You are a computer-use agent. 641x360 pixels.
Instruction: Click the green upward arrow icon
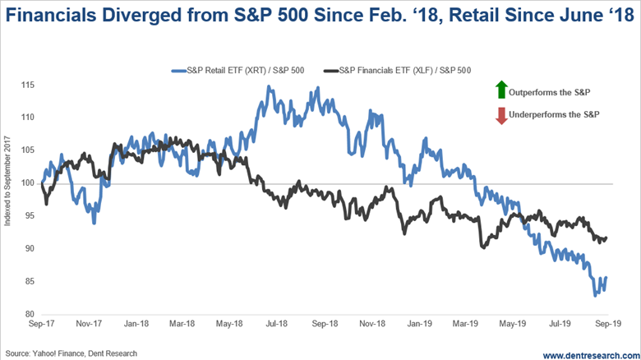click(500, 88)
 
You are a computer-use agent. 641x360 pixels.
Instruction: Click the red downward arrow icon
click(500, 115)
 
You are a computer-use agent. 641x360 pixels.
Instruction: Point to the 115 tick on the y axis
click(29, 85)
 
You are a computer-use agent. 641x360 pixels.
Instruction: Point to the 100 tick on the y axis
click(29, 182)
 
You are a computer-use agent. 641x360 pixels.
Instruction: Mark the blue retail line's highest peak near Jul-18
click(269, 86)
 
